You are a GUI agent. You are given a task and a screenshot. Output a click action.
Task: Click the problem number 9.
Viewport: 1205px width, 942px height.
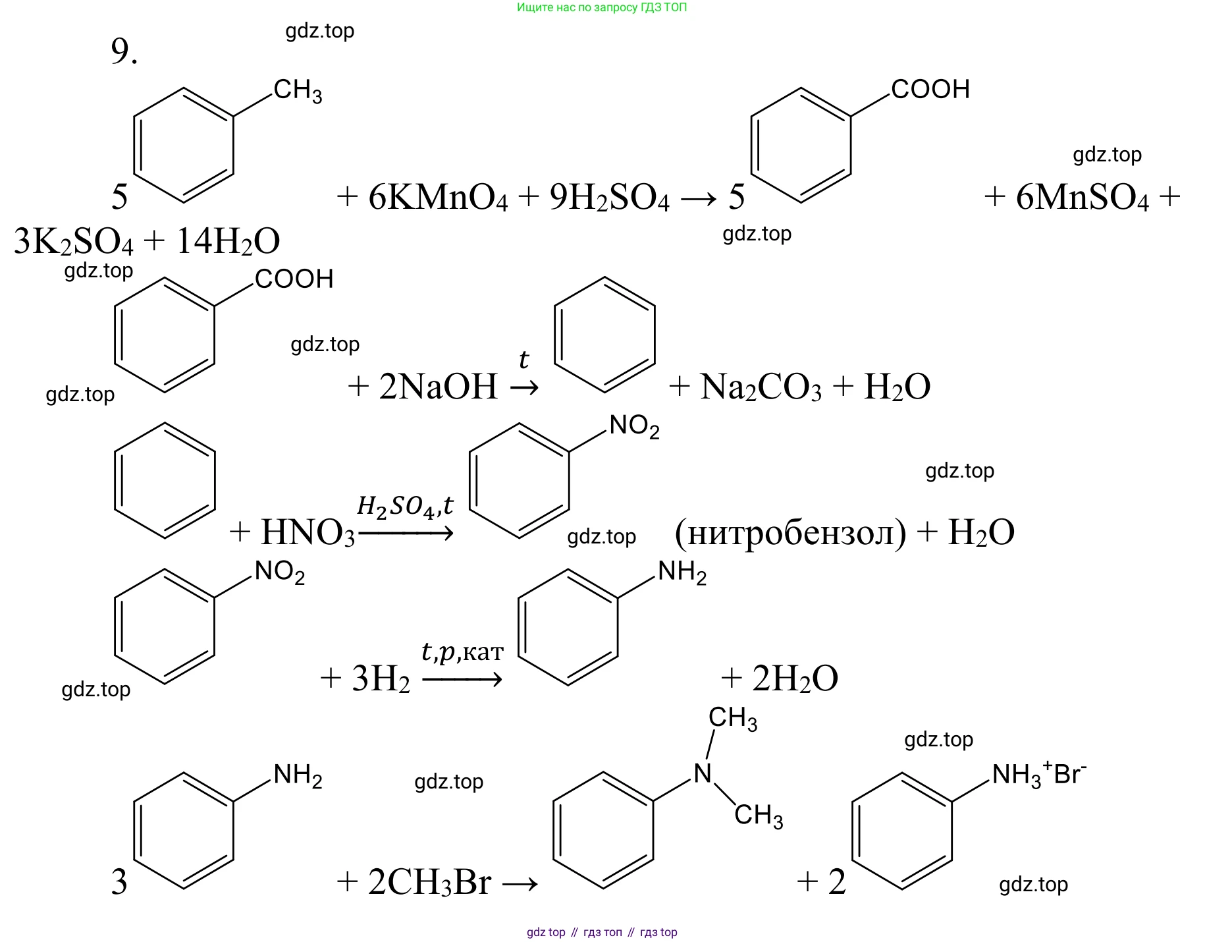click(x=124, y=51)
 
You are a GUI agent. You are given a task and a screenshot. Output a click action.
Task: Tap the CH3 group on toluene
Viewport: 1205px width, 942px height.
click(x=298, y=90)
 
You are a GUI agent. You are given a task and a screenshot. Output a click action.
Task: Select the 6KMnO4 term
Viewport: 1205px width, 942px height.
click(x=438, y=197)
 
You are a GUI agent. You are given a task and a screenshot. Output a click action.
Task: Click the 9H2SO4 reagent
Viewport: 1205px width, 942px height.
click(x=609, y=197)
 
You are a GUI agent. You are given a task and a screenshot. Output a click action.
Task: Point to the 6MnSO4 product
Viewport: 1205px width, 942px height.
click(x=1082, y=197)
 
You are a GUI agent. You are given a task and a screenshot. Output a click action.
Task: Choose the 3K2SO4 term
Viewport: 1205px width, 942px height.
click(x=73, y=241)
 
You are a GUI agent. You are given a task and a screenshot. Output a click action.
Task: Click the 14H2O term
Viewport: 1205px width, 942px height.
click(x=228, y=241)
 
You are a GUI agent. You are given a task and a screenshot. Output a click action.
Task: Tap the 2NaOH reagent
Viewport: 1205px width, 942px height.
click(x=438, y=386)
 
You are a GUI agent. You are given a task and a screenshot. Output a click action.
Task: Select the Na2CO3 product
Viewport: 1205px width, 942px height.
click(x=761, y=387)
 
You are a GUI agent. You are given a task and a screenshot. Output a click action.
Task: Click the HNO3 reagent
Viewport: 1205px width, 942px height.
click(x=308, y=532)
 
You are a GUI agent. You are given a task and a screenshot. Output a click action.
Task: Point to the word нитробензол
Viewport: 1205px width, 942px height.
click(x=790, y=532)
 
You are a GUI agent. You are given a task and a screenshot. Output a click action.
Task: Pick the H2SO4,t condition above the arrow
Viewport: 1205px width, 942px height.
click(x=405, y=506)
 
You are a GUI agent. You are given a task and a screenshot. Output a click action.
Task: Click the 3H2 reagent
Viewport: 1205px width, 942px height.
click(x=381, y=679)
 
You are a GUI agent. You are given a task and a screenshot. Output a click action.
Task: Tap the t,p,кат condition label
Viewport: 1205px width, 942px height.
click(x=462, y=651)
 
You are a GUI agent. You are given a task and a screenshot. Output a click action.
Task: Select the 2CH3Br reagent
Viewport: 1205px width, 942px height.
click(x=429, y=882)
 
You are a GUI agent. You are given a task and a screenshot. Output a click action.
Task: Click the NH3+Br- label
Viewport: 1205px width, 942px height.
click(x=1038, y=775)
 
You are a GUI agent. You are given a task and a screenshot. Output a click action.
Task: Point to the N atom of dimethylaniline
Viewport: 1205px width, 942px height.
click(x=703, y=773)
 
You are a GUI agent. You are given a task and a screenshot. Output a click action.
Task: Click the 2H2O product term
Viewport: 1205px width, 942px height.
click(x=795, y=679)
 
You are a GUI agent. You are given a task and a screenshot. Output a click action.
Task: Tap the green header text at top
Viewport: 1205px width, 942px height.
click(x=602, y=8)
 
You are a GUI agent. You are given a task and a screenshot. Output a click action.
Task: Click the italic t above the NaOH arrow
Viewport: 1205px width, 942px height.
click(x=523, y=360)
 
